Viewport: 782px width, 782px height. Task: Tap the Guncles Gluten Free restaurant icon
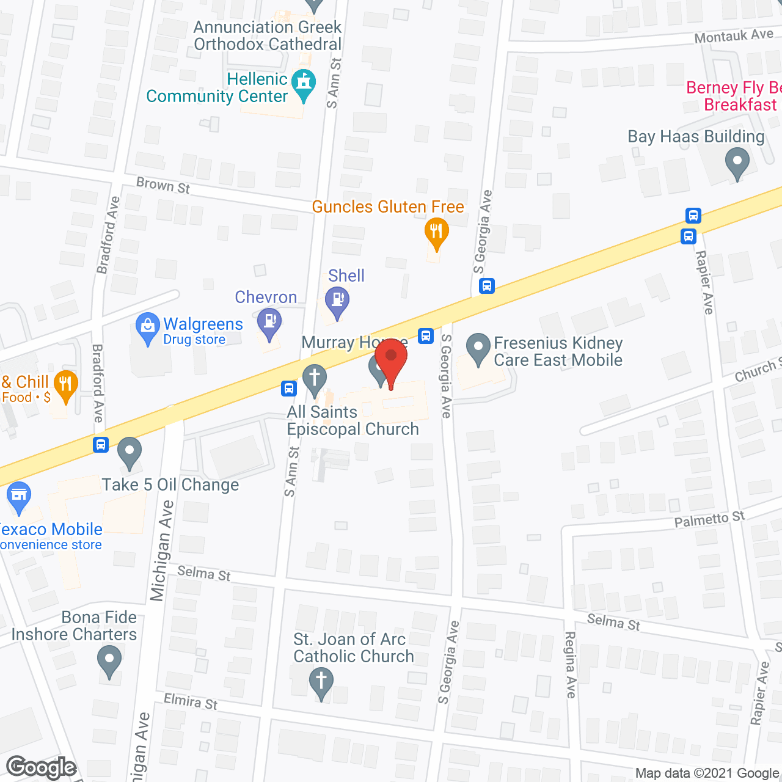pyautogui.click(x=436, y=233)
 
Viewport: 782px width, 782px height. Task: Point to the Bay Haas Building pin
pyautogui.click(x=737, y=164)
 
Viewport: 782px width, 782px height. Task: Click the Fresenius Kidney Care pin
pyautogui.click(x=478, y=348)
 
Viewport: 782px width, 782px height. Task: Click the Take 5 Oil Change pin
pyautogui.click(x=129, y=453)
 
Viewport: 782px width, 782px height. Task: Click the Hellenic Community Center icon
pyautogui.click(x=304, y=83)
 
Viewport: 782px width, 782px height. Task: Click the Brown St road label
pyautogui.click(x=163, y=185)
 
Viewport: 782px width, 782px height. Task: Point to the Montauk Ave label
pyautogui.click(x=734, y=36)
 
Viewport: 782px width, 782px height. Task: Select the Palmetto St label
pyautogui.click(x=709, y=520)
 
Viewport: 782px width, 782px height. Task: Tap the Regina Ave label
pyautogui.click(x=570, y=665)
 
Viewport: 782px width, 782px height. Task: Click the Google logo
pyautogui.click(x=41, y=767)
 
